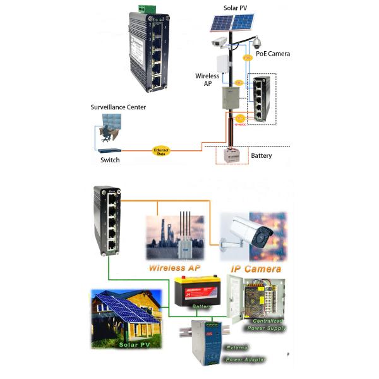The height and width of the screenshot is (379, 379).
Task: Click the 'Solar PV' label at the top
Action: [236, 8]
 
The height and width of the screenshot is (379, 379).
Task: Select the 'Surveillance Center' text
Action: [118, 107]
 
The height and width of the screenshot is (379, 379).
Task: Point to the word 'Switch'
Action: [110, 160]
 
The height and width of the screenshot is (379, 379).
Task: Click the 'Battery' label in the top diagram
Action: [262, 155]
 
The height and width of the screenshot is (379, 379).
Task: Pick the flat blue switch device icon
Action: [109, 150]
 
